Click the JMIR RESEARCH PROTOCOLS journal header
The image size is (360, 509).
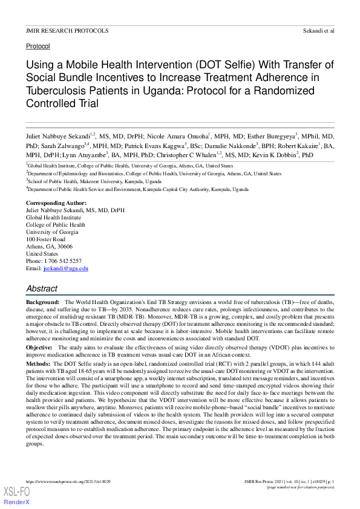pos(67,30)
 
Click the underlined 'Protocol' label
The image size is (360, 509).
pos(38,46)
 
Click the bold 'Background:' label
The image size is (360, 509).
pos(42,301)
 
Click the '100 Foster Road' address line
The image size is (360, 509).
pos(45,240)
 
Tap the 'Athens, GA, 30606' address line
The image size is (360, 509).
pos(49,247)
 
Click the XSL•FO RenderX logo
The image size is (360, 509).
pos(17,498)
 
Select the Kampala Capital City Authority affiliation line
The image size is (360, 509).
pos(138,189)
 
